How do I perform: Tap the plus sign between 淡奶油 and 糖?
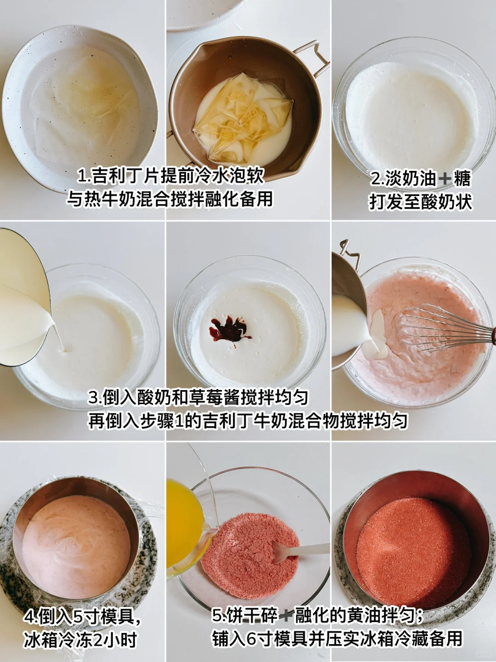tap(445, 180)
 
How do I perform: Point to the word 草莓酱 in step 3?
tap(197, 398)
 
